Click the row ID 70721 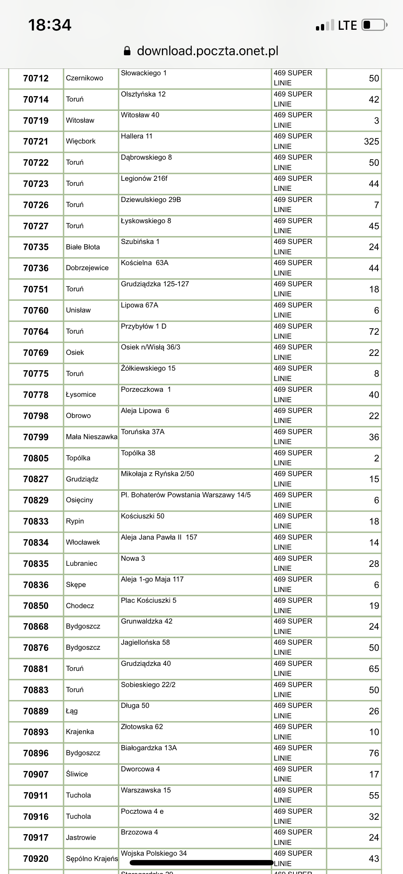click(x=36, y=142)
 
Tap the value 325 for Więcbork click(x=371, y=142)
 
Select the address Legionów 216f click(x=144, y=179)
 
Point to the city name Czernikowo click(x=84, y=78)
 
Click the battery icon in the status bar click(x=374, y=25)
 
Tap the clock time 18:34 click(x=50, y=25)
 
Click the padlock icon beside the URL click(x=127, y=51)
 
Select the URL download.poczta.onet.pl click(x=207, y=51)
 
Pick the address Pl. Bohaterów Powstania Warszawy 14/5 click(x=186, y=495)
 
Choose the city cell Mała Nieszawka click(x=91, y=437)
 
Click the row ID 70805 click(x=36, y=458)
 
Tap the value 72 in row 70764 click(x=374, y=332)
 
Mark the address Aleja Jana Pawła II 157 click(x=159, y=537)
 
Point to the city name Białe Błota click(x=83, y=247)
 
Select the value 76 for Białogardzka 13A click(x=374, y=753)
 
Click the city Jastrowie click(x=81, y=838)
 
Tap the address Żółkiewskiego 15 click(x=148, y=368)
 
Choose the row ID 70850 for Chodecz click(x=36, y=606)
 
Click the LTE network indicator click(x=347, y=25)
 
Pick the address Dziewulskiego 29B click(x=151, y=200)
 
